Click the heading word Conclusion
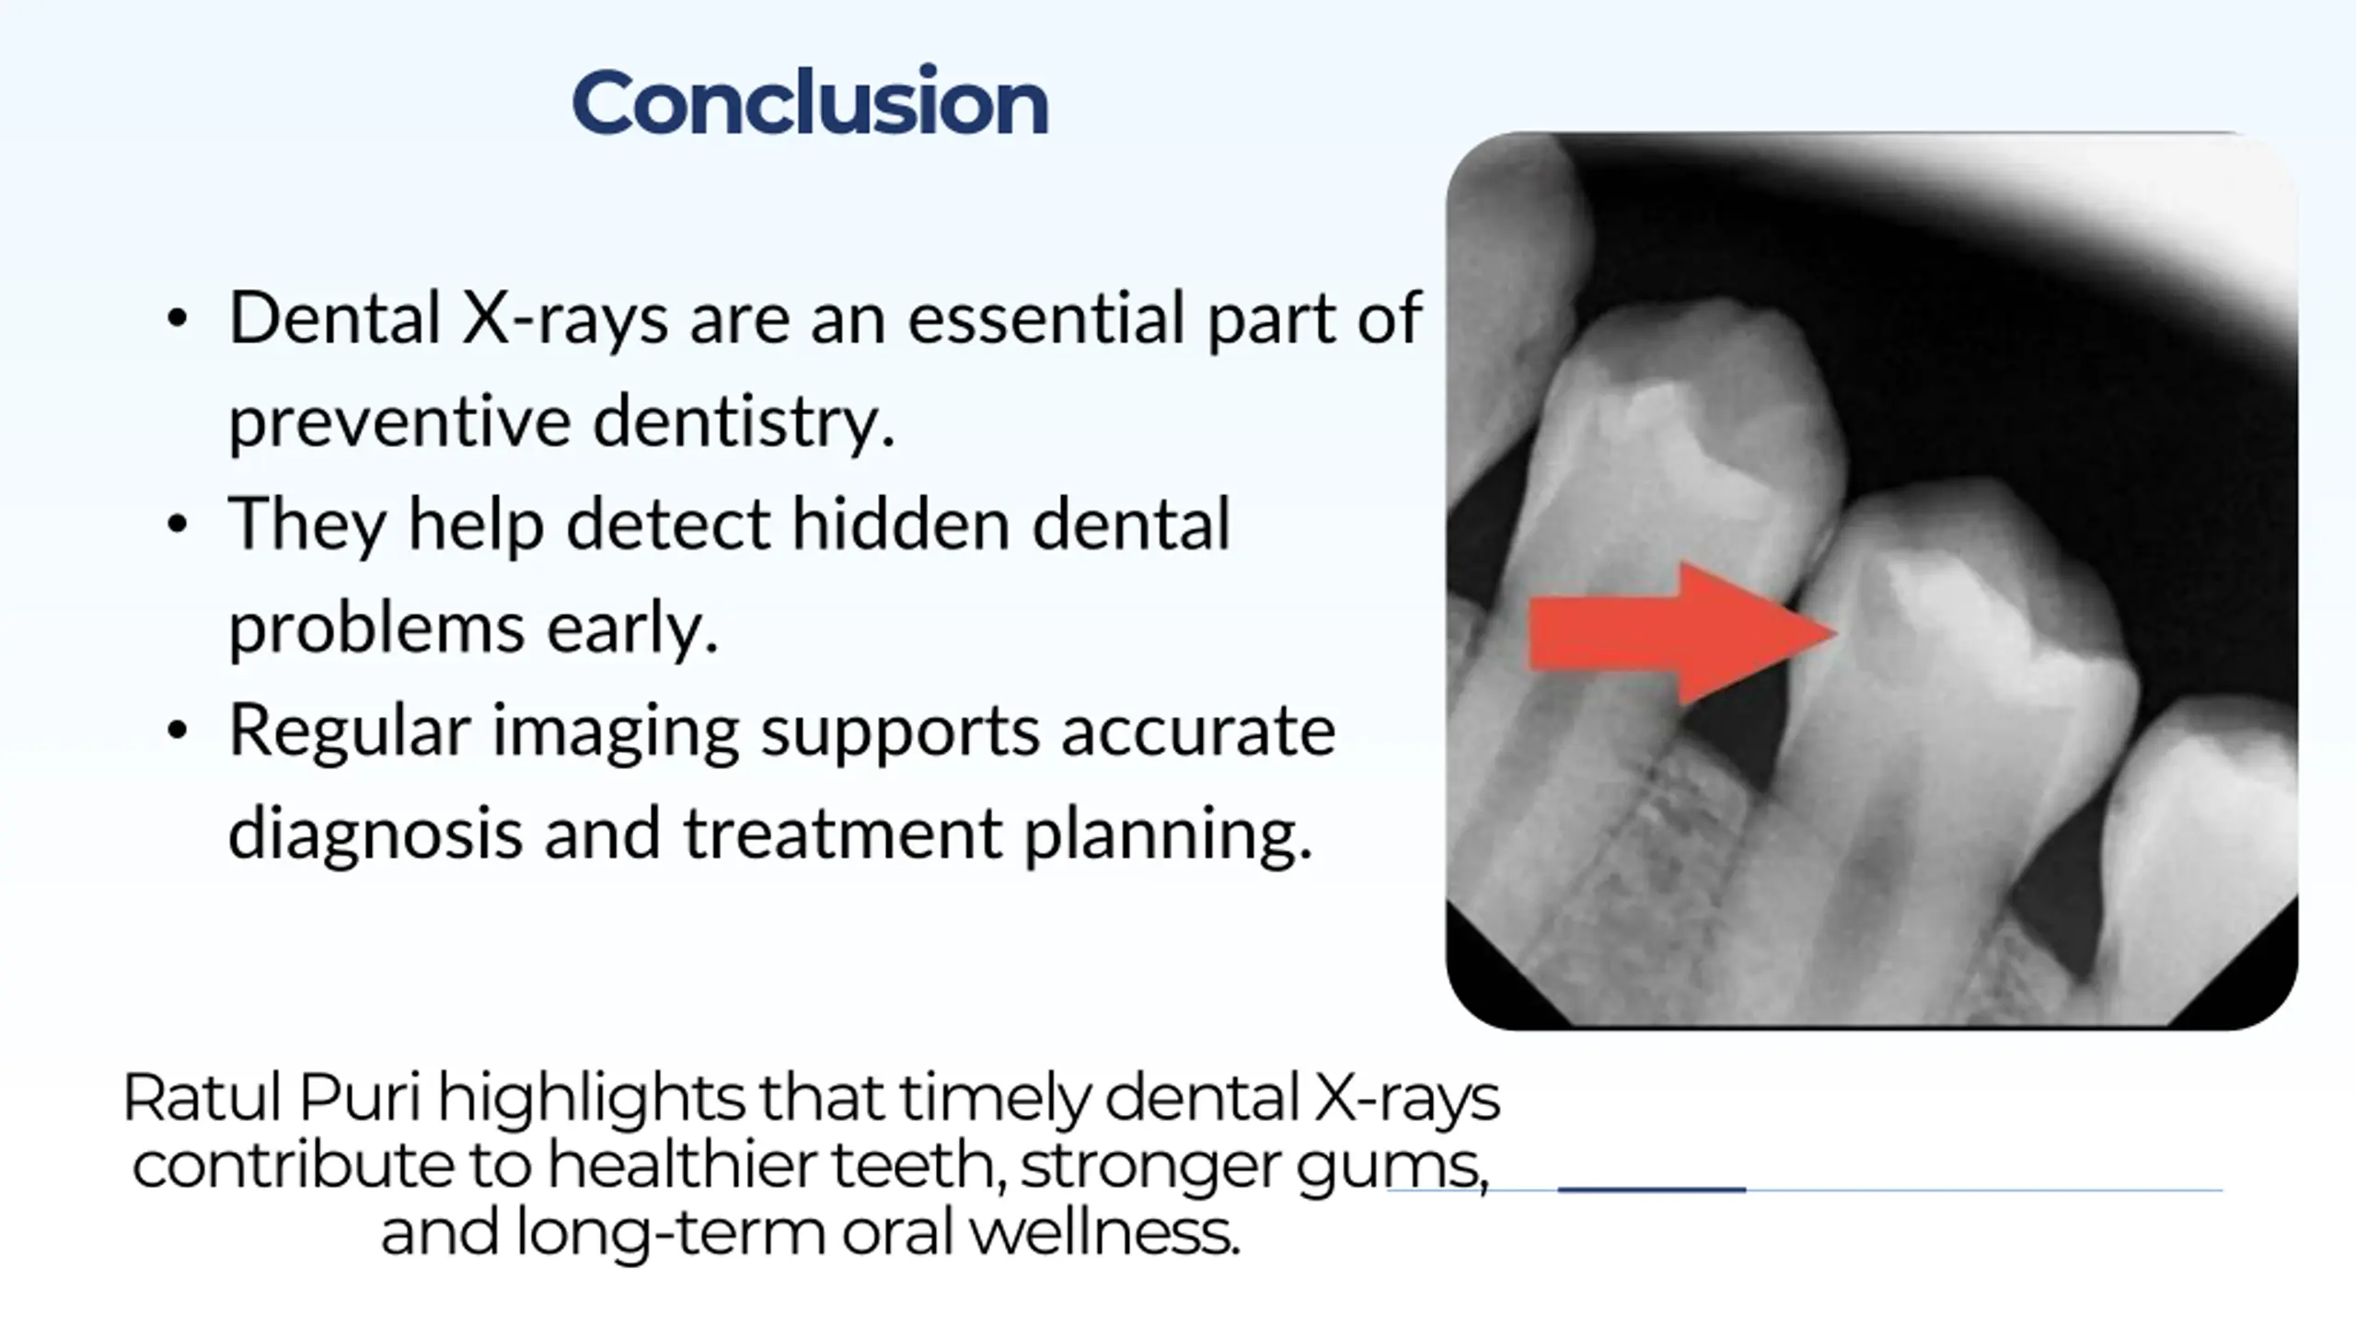(810, 102)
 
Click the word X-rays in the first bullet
(565, 318)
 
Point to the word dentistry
(744, 421)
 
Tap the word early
(632, 628)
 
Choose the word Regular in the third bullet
(350, 732)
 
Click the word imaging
(616, 732)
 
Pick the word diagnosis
(375, 834)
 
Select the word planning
(1168, 834)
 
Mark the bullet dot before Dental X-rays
(178, 319)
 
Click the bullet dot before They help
(178, 524)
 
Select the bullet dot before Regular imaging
(178, 731)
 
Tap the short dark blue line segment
(1651, 1190)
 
